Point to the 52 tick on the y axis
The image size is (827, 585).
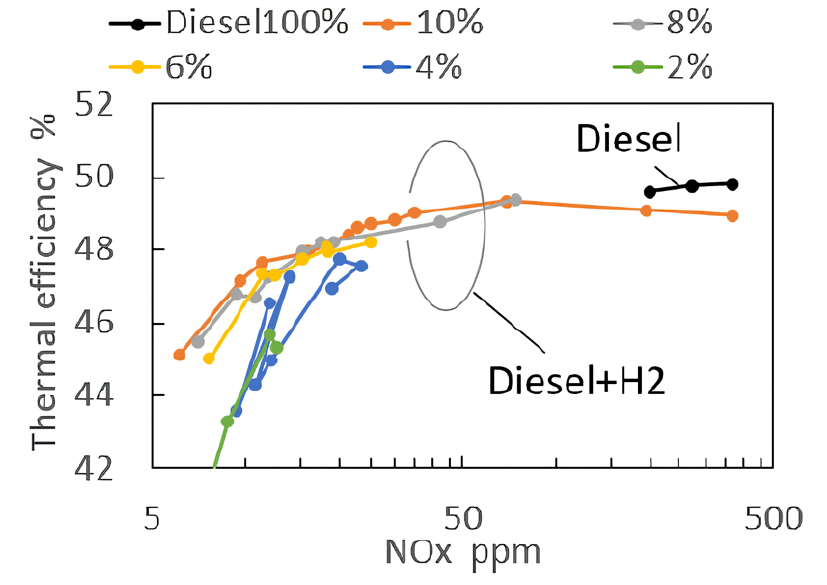(94, 104)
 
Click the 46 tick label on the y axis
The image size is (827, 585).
(94, 323)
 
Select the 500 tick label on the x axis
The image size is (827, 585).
(773, 519)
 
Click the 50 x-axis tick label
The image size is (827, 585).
(463, 519)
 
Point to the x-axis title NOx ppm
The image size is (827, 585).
(463, 552)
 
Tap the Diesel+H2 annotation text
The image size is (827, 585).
(576, 381)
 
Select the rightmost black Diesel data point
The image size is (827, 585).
(732, 184)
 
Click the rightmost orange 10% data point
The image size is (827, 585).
(732, 216)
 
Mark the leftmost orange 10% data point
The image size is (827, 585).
(179, 355)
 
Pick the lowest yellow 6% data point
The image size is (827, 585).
(209, 358)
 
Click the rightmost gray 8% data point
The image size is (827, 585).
(515, 200)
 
